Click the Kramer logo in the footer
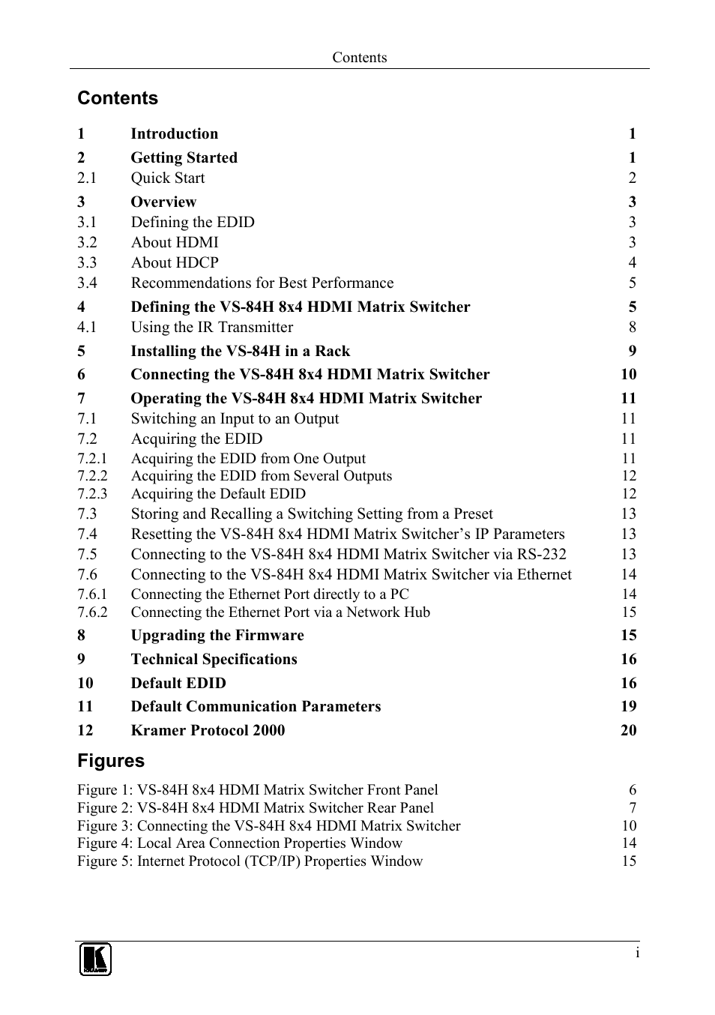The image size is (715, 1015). [95, 959]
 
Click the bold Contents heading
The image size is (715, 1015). [118, 98]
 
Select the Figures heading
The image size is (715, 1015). [111, 761]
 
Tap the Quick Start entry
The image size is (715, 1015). [168, 178]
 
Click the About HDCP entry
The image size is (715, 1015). [175, 263]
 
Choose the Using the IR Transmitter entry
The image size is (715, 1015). [212, 328]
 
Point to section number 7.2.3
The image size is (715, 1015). [92, 494]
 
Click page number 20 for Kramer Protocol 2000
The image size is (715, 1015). [628, 730]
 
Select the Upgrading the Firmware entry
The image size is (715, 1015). [217, 636]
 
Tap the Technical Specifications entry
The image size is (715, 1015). [214, 660]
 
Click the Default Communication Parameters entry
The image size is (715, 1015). [256, 707]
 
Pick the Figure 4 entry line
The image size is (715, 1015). [240, 843]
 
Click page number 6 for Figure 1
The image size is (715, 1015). [633, 790]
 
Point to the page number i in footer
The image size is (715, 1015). [637, 953]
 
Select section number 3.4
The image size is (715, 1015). [87, 283]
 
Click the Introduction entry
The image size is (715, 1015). [175, 134]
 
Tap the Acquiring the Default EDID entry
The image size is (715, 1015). [218, 494]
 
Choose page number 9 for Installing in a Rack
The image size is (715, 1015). [633, 352]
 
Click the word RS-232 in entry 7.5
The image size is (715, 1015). [542, 555]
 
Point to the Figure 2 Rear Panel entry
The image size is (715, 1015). [256, 808]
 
